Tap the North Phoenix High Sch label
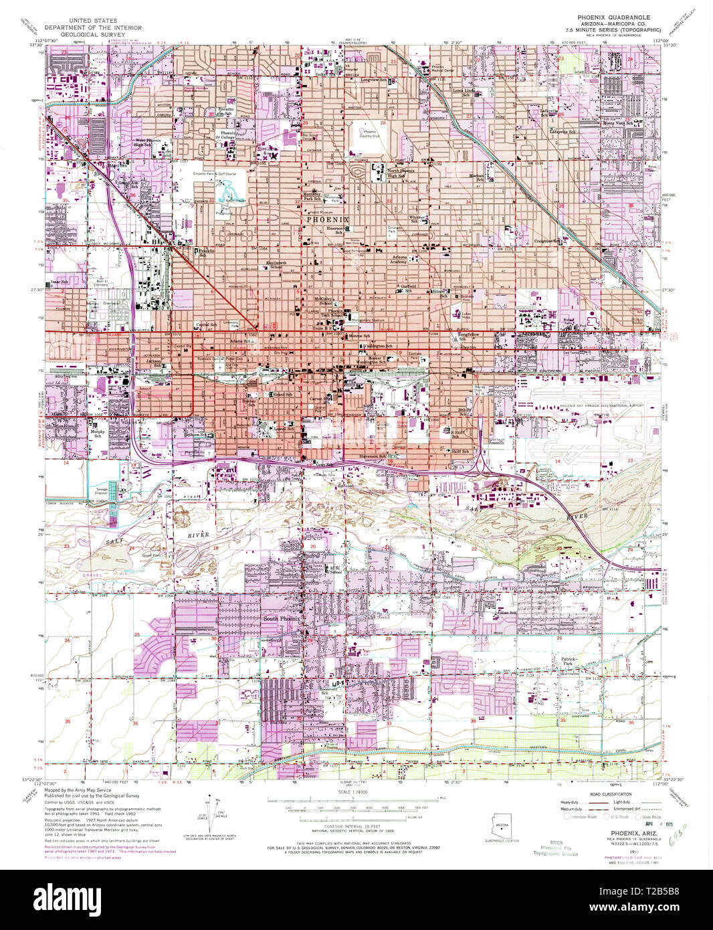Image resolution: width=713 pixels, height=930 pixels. (401, 173)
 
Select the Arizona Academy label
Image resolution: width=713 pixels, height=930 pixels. (399, 260)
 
